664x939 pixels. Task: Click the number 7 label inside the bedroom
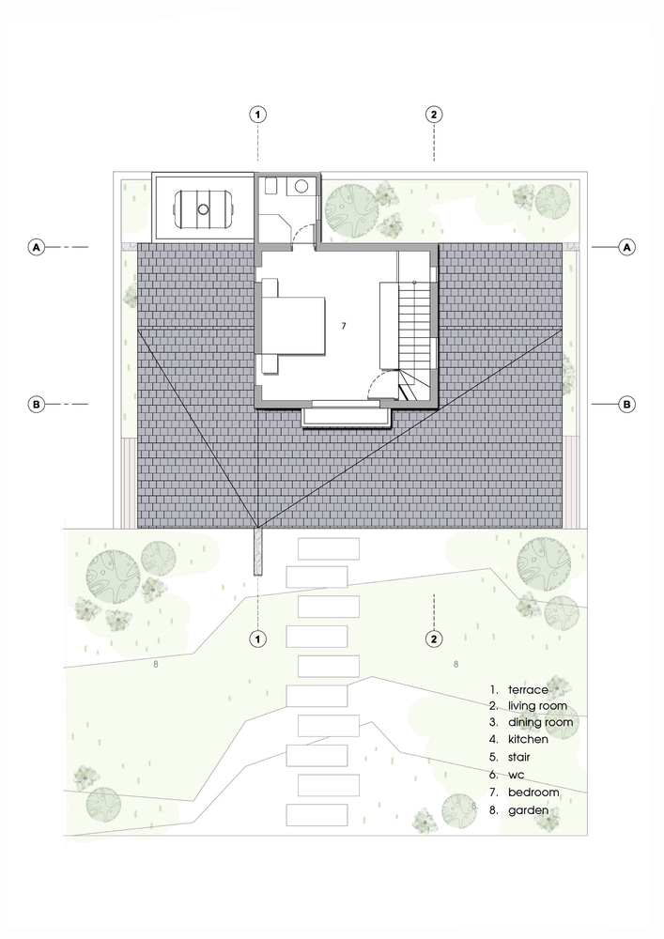click(x=344, y=326)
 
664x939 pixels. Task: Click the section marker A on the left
click(x=37, y=247)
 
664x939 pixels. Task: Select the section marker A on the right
click(x=627, y=247)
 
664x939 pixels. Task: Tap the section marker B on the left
click(x=37, y=405)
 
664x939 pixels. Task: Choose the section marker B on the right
click(x=627, y=405)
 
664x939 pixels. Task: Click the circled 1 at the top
click(x=258, y=115)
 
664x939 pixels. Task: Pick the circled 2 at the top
click(x=433, y=115)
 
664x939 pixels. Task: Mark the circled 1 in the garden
click(x=258, y=639)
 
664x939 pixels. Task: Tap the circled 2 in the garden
click(x=433, y=639)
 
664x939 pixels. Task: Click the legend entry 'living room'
click(x=537, y=706)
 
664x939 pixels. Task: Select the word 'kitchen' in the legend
click(x=528, y=740)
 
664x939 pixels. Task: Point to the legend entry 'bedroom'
click(x=533, y=793)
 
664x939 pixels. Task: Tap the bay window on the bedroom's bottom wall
click(x=347, y=415)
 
